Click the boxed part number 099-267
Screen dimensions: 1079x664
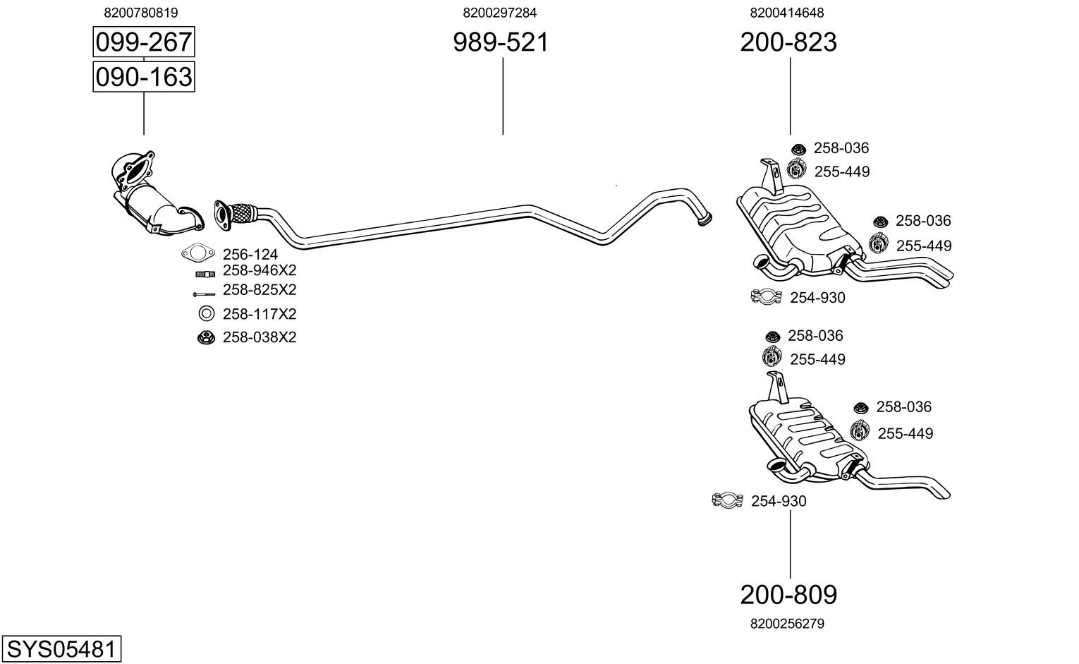click(x=144, y=42)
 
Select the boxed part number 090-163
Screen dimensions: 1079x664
click(x=144, y=77)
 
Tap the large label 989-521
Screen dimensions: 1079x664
click(x=501, y=42)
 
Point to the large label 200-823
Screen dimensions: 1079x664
click(x=788, y=42)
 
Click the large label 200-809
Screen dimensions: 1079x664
click(x=788, y=595)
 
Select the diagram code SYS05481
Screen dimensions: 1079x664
click(x=61, y=649)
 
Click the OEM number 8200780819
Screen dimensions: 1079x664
click(x=141, y=13)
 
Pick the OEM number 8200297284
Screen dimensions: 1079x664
click(x=499, y=13)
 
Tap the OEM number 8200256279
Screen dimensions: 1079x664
click(x=787, y=624)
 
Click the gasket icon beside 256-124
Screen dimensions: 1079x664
click(x=198, y=253)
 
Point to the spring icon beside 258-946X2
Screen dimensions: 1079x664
click(x=205, y=274)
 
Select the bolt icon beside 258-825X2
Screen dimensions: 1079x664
click(x=205, y=294)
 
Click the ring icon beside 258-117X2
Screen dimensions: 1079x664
click(x=206, y=314)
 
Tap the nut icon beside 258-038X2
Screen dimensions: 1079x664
click(x=206, y=337)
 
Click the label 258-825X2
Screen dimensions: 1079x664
click(x=260, y=289)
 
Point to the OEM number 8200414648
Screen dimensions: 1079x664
click(x=787, y=13)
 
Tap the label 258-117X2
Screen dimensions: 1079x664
click(x=260, y=314)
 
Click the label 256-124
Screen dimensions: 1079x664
click(x=250, y=255)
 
